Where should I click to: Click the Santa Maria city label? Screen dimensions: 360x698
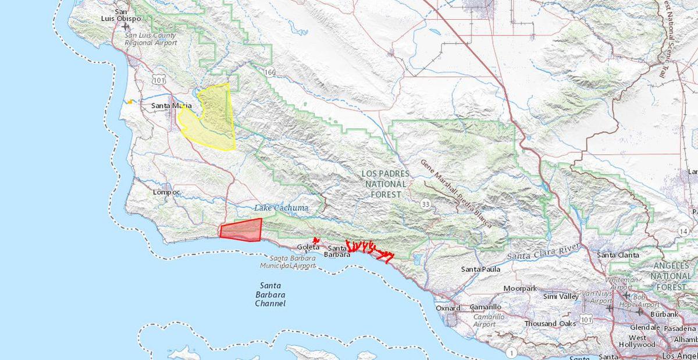(171, 106)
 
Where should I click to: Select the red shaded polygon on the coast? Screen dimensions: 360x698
(241, 230)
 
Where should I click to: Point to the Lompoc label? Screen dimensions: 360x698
(166, 192)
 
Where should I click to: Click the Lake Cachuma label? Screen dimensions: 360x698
(281, 208)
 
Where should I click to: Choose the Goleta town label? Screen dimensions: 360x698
(308, 247)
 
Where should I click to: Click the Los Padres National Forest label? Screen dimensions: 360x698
(385, 184)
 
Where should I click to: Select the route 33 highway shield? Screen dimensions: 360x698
(427, 204)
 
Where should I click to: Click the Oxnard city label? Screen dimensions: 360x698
(448, 308)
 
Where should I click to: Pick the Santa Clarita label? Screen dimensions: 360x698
(618, 255)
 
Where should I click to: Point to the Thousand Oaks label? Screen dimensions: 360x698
(550, 323)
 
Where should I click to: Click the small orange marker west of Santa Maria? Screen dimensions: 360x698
(131, 102)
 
